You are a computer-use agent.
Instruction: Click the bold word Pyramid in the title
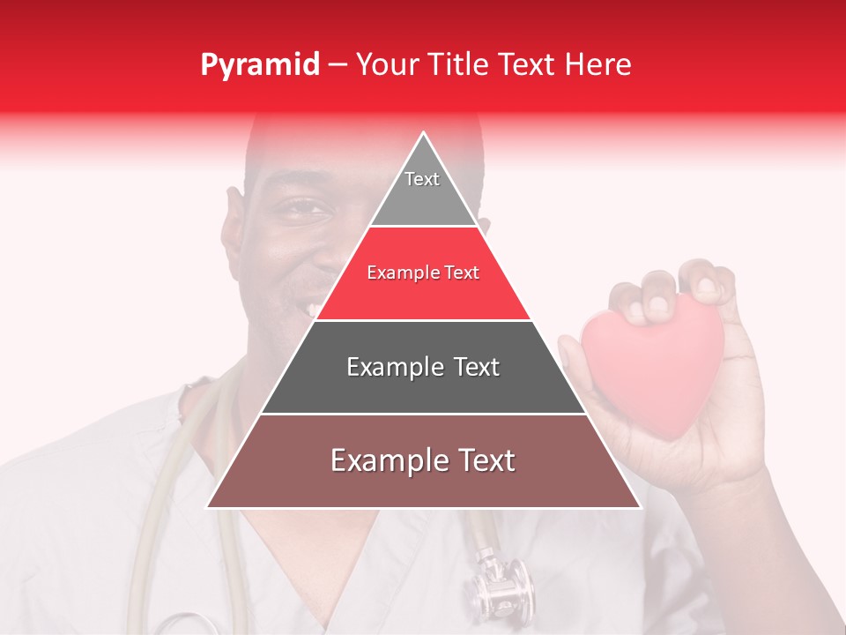(259, 65)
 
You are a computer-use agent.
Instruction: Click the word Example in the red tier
(395, 273)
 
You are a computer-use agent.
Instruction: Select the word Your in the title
(385, 65)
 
